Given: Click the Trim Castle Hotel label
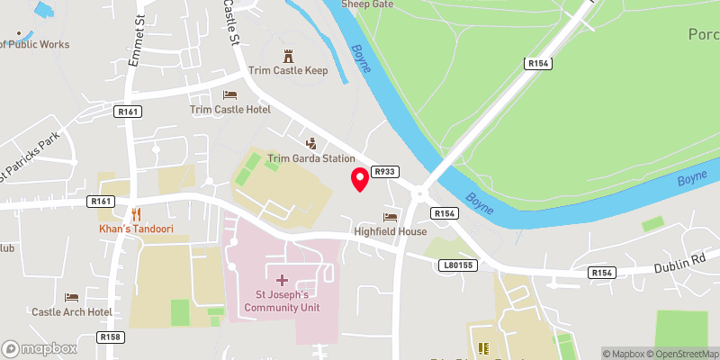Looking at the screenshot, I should point(230,110).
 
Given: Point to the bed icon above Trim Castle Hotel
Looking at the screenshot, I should point(230,94).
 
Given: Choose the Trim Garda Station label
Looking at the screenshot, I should point(311,158).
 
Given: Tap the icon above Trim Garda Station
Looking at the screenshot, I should point(311,143).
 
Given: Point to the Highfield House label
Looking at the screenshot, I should point(391,231).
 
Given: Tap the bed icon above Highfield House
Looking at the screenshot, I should point(391,217).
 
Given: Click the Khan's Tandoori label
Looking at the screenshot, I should point(136,229).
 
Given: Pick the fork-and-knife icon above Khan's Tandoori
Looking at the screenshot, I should point(136,214).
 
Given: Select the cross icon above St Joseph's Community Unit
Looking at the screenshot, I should point(282,281).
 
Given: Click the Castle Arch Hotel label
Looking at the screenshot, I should point(72,312).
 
